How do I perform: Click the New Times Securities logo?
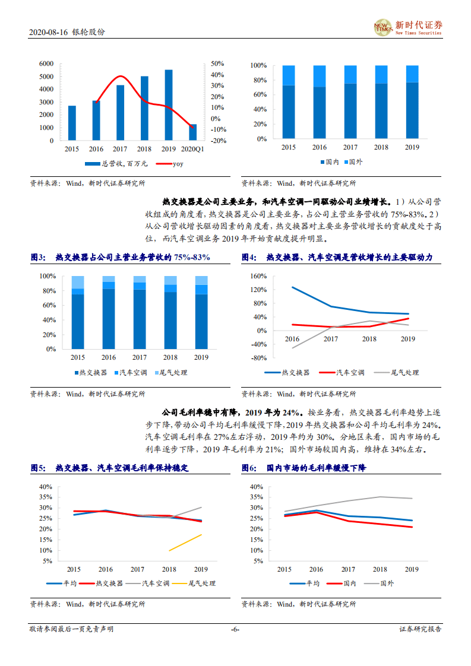(x=407, y=27)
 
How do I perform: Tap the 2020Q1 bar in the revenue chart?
(x=192, y=132)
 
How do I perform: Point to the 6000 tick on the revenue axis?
(x=46, y=64)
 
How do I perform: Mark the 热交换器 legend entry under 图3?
(x=91, y=372)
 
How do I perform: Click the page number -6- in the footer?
(x=235, y=629)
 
